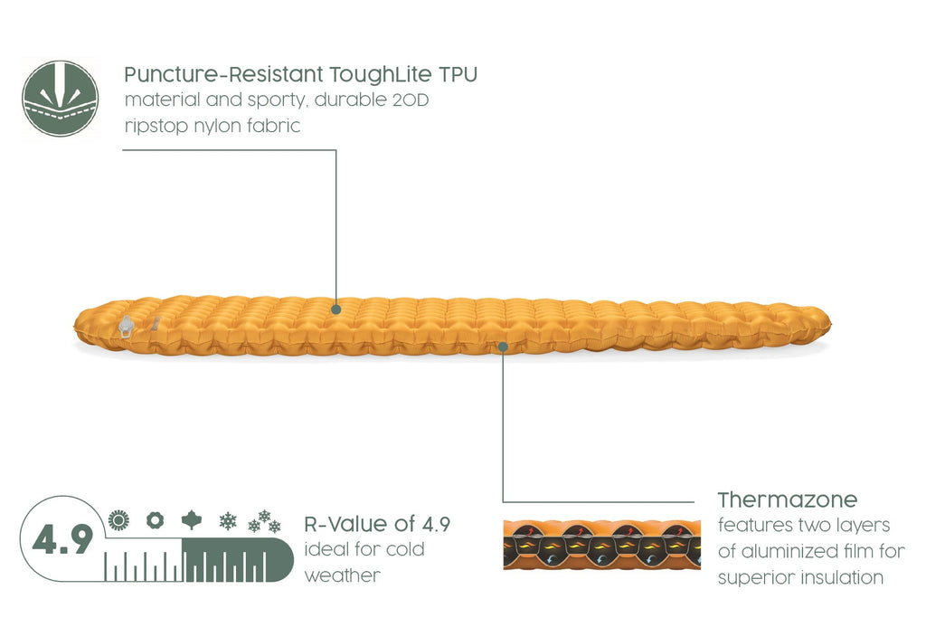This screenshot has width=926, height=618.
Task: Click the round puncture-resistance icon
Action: point(61,99)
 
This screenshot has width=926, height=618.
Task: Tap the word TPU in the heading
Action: point(458,75)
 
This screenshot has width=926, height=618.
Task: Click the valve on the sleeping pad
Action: point(126,327)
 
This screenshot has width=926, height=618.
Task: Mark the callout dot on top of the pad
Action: point(336,309)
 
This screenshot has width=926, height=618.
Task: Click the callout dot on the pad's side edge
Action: point(503,347)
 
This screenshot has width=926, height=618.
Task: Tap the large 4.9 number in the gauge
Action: point(62,539)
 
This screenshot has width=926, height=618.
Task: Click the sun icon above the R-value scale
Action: point(118,520)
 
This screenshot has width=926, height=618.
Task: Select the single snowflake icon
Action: point(227,521)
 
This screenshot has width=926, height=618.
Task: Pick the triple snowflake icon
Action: point(264,522)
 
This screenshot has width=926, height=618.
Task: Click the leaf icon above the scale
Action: point(192,520)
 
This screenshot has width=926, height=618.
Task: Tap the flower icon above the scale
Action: point(155,520)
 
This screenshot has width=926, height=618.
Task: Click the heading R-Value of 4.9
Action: point(377,524)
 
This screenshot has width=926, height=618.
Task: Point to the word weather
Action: point(343,575)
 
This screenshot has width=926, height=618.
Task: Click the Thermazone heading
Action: point(788,500)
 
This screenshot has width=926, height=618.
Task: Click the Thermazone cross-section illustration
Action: point(601,545)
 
